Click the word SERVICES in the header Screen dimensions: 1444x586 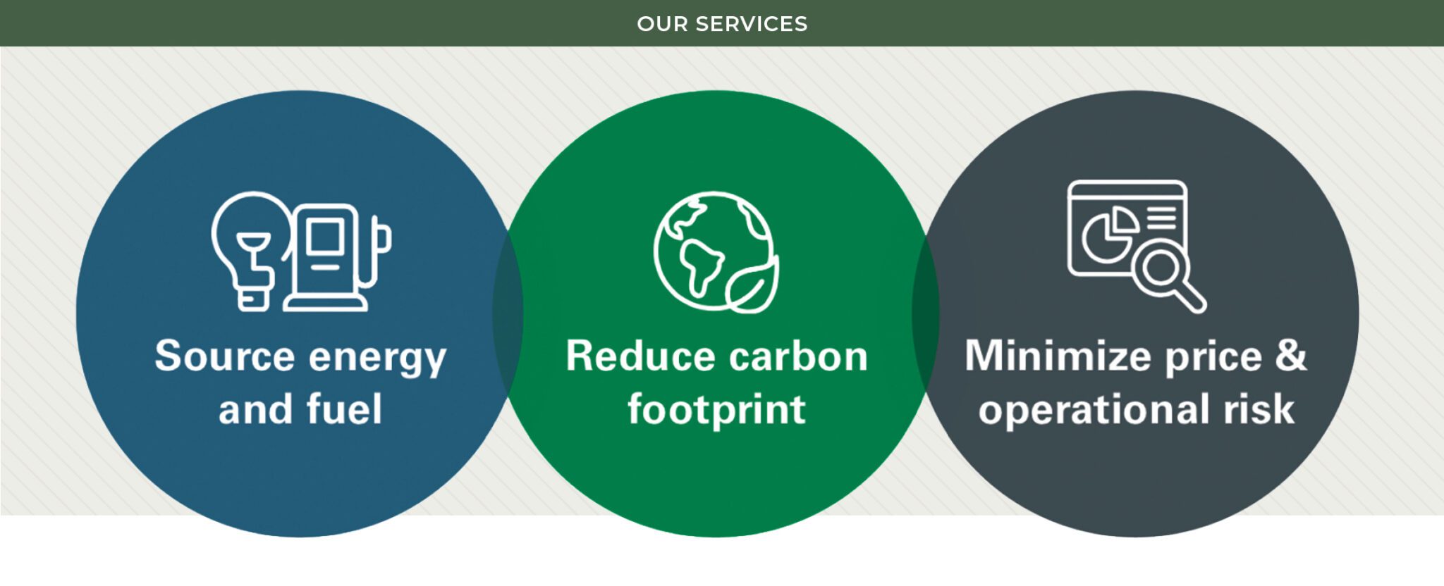coord(751,24)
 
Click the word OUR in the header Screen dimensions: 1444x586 coord(662,24)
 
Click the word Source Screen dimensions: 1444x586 coord(224,356)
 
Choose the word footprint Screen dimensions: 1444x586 coord(716,410)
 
